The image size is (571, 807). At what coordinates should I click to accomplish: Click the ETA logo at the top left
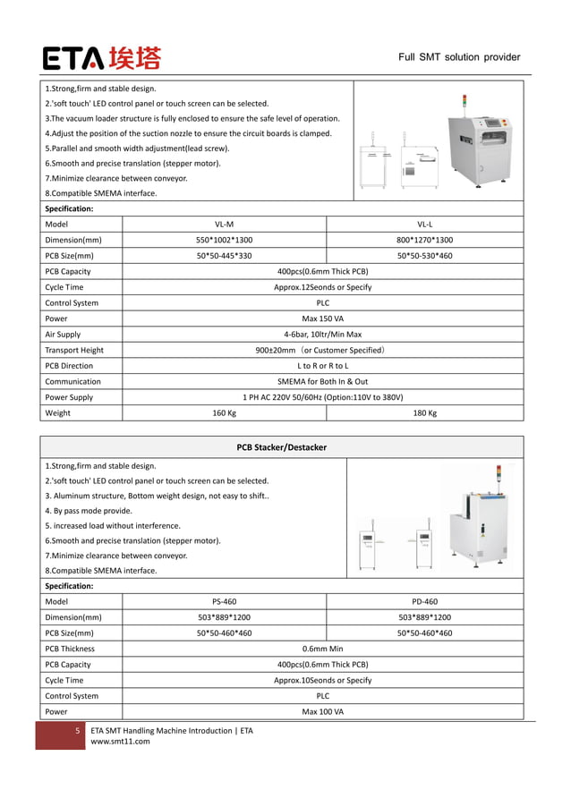pos(102,58)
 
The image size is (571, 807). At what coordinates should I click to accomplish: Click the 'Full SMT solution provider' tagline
pos(459,57)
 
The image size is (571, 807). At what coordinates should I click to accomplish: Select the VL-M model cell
pos(225,225)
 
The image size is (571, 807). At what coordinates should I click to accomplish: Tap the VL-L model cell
pos(424,225)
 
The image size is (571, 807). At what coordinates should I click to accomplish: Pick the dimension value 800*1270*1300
pos(424,240)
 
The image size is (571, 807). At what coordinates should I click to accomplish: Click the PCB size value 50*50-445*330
pos(225,256)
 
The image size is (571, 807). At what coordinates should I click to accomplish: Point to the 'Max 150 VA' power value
pos(322,319)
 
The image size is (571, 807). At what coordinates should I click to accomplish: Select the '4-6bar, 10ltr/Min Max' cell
pos(322,335)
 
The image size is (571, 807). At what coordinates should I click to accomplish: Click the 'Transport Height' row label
pos(74,350)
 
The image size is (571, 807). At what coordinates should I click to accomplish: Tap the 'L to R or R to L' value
pos(322,366)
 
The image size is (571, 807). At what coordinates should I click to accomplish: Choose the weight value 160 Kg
pos(225,413)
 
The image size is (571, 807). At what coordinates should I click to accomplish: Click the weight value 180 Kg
pos(424,413)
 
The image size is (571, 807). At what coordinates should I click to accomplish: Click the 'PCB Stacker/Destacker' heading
pos(281,446)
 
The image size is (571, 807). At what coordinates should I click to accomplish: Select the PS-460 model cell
pos(225,602)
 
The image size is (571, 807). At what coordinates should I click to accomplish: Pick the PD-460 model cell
pos(424,602)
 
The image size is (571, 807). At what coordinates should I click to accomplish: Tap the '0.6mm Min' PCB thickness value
pos(322,649)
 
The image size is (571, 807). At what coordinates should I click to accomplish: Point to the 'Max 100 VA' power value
pos(322,711)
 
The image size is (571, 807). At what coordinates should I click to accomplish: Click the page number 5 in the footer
pos(77,731)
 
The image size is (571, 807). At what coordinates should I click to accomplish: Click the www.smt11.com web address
pos(121,741)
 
